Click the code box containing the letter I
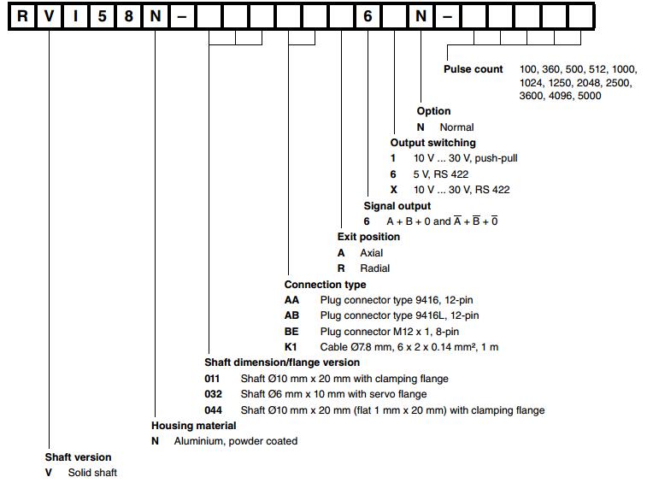(x=75, y=15)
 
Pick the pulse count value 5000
(x=589, y=96)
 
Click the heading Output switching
(x=432, y=143)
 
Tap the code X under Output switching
(x=393, y=190)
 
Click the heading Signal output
(x=397, y=205)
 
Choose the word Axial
(x=372, y=253)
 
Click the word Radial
(x=374, y=268)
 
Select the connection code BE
(x=291, y=331)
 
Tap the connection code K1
(x=291, y=346)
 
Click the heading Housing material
(x=193, y=425)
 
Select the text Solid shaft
(x=92, y=473)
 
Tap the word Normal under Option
(x=456, y=127)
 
